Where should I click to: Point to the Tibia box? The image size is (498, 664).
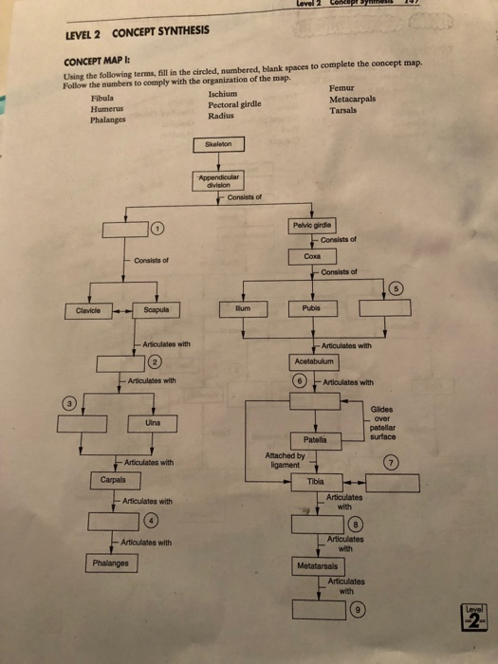(315, 482)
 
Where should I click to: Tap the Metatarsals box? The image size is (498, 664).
(320, 565)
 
